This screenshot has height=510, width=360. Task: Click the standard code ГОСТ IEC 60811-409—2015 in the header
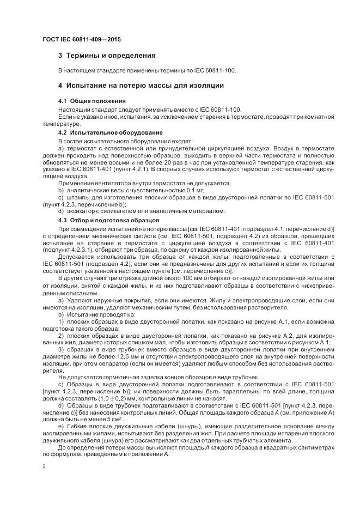tap(82, 40)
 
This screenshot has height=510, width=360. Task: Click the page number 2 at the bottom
tap(44, 466)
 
